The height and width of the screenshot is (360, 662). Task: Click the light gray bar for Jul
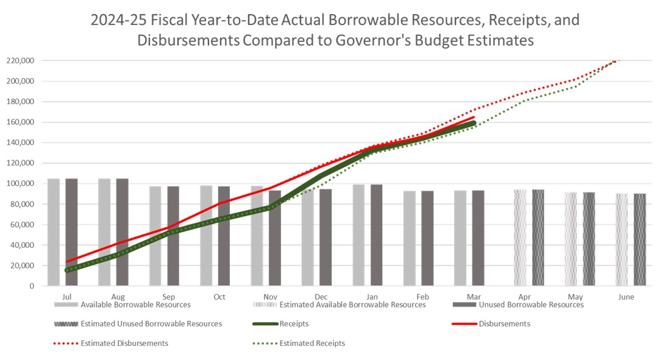pos(54,231)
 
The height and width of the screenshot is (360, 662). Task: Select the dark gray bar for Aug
pos(123,231)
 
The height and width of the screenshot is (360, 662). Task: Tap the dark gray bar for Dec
pos(326,238)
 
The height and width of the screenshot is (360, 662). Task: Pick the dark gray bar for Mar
pos(478,238)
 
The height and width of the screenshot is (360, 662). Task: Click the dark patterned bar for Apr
pos(538,238)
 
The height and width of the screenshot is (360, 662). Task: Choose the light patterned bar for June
pos(621,240)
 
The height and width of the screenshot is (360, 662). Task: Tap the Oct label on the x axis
pos(219,297)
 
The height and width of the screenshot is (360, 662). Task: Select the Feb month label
pos(422,297)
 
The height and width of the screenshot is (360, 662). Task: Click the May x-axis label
pos(575,297)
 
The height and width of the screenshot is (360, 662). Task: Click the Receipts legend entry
pos(293,323)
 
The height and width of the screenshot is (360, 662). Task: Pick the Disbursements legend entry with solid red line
pos(504,323)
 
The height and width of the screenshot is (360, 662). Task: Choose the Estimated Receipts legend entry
pos(311,343)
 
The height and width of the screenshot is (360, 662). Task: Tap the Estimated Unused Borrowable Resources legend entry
pos(151,323)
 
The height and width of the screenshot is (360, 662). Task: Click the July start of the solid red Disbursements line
pos(66,262)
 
